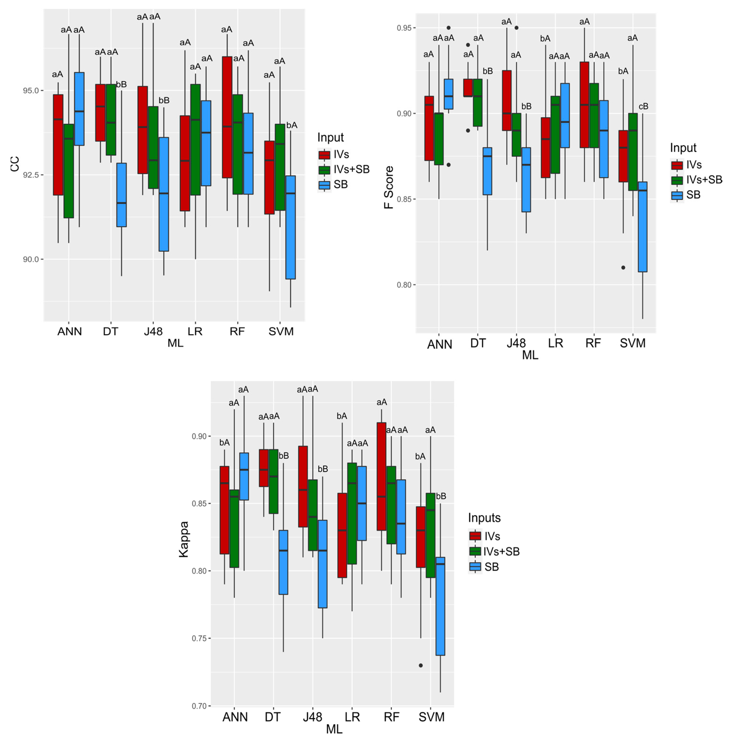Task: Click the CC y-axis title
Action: (x=14, y=165)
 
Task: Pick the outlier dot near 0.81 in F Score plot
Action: (x=623, y=267)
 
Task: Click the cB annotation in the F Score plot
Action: (x=643, y=107)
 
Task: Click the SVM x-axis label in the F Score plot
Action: (x=633, y=343)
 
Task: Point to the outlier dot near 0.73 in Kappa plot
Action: (x=421, y=665)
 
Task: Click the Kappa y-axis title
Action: (x=184, y=539)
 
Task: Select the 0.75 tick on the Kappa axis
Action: (x=199, y=638)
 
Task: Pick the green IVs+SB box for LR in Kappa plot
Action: (x=352, y=513)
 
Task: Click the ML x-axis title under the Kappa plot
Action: (x=334, y=729)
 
